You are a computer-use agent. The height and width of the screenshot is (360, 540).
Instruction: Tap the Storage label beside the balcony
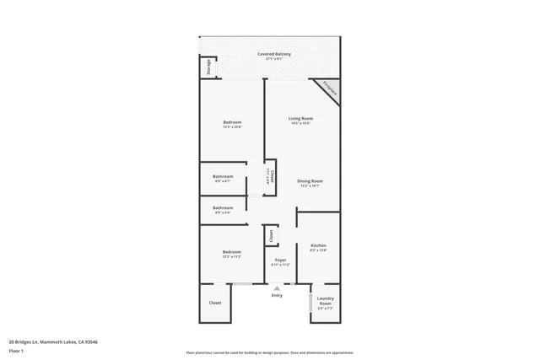[208, 67]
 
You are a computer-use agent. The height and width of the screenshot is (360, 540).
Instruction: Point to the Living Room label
[300, 118]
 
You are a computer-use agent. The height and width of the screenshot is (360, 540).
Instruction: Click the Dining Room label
[310, 181]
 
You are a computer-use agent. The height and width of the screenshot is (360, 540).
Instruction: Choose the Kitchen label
[318, 245]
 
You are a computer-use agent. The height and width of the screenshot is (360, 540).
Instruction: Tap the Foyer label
[280, 260]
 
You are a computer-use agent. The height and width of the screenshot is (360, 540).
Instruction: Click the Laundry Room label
[325, 300]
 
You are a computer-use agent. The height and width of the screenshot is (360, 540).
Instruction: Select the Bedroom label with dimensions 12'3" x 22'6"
[232, 123]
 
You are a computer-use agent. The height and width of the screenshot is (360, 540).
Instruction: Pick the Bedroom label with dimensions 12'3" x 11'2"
[231, 252]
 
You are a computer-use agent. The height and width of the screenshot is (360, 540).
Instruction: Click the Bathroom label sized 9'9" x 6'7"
[223, 176]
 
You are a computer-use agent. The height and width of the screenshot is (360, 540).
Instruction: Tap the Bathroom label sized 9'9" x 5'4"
[223, 207]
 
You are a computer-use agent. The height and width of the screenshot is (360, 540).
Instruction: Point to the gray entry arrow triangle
[277, 288]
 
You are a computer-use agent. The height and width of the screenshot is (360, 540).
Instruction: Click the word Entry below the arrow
[277, 296]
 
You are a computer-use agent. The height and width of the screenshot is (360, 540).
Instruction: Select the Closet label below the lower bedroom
[215, 303]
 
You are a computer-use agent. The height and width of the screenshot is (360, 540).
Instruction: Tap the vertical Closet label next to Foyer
[271, 237]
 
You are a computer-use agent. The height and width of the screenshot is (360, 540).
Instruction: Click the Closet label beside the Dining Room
[272, 175]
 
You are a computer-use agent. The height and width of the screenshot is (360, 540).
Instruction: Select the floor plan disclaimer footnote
[269, 352]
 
